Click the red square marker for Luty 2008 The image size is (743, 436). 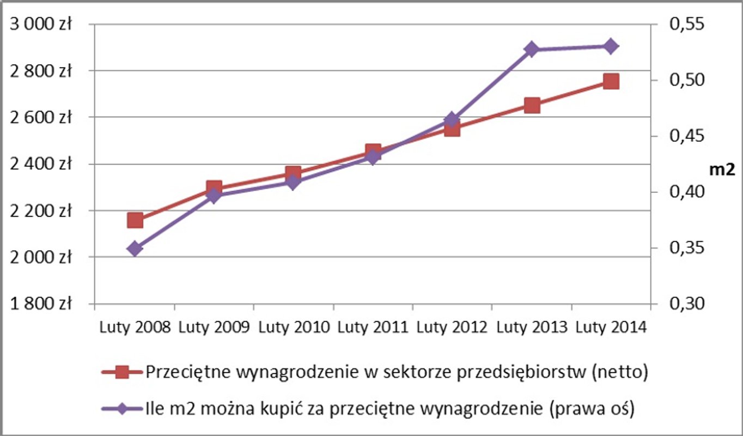click(135, 220)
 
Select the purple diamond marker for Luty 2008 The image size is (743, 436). click(135, 249)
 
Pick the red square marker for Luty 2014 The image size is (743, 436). click(611, 81)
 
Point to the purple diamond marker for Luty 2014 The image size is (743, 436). click(611, 46)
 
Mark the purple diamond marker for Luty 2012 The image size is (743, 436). click(452, 120)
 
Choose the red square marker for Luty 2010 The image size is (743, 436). click(294, 174)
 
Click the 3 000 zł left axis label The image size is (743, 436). click(41, 25)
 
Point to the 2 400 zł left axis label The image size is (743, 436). click(41, 164)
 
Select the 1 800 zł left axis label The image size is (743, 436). click(41, 304)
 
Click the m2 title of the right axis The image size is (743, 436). click(721, 169)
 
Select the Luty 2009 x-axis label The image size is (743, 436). click(215, 328)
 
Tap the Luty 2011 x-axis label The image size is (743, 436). click(373, 328)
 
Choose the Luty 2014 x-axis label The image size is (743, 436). click(611, 328)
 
